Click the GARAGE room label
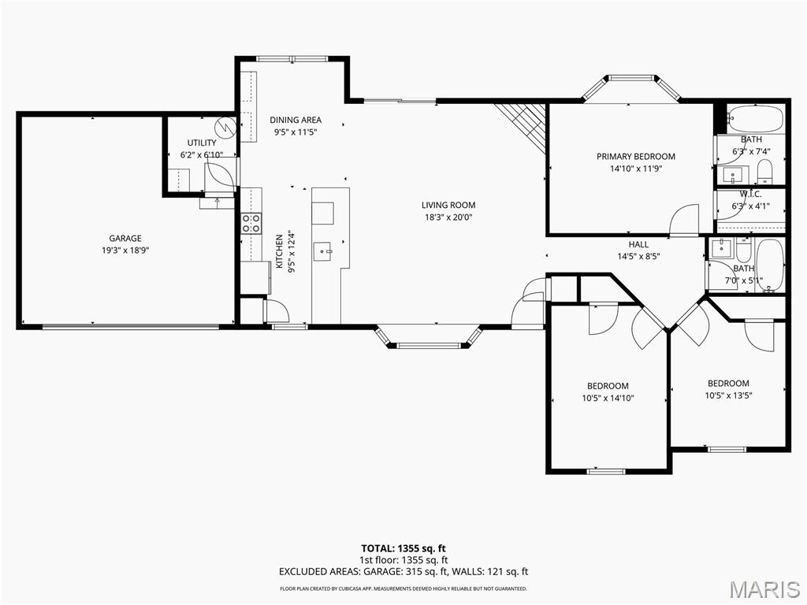pos(125,238)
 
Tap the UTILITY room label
pos(202,143)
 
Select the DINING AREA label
pos(296,121)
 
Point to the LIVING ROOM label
pos(448,205)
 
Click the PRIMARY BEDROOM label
pos(635,157)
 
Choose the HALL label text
pos(638,244)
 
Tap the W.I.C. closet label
pos(749,194)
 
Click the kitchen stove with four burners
pos(251,223)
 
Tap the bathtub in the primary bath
pos(755,120)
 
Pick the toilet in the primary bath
pos(764,170)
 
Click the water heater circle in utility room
pos(225,125)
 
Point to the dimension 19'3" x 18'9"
pos(125,250)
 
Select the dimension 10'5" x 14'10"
pos(608,398)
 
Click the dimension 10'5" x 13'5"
pos(727,395)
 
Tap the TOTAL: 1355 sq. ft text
pos(403,548)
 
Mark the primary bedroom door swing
pos(684,220)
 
